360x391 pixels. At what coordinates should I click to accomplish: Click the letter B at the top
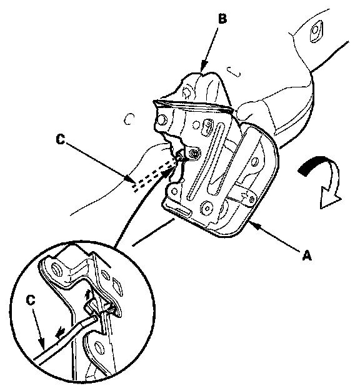click(x=222, y=19)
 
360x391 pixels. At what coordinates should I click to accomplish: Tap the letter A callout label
click(x=307, y=255)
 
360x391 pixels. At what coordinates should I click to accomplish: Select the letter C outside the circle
click(x=61, y=140)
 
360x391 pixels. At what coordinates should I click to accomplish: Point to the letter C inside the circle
click(x=31, y=300)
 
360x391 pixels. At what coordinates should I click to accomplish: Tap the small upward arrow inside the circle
click(x=87, y=295)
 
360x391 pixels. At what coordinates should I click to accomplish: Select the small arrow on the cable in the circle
click(x=60, y=332)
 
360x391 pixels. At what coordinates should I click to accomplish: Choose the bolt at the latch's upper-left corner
click(x=161, y=120)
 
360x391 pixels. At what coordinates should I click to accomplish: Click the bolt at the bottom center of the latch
click(x=207, y=206)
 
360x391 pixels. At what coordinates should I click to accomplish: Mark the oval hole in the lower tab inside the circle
click(x=99, y=349)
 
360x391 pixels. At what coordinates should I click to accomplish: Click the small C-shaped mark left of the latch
click(x=129, y=119)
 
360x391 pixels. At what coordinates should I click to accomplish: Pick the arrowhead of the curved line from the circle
click(x=169, y=172)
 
